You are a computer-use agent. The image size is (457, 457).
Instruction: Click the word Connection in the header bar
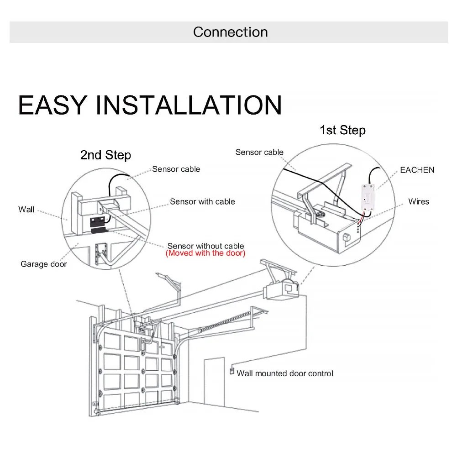coord(230,32)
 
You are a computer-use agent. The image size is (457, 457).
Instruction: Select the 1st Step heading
coord(342,130)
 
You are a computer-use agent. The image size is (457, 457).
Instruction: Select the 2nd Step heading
coord(105,155)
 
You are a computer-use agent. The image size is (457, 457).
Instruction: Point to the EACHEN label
coord(417,170)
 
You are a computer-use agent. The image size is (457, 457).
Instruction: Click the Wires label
coord(418,201)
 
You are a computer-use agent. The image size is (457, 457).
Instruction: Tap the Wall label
coord(26,210)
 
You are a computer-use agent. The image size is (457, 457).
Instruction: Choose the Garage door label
coord(43,264)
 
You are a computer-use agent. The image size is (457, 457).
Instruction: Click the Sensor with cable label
coord(202,201)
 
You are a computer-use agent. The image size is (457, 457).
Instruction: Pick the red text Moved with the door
coord(205,253)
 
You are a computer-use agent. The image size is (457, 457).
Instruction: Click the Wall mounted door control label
coord(285,373)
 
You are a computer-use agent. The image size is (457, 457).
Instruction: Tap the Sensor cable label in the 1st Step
coord(259,152)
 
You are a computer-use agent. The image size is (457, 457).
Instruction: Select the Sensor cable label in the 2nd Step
coord(176,169)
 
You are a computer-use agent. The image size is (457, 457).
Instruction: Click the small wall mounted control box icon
coord(231,372)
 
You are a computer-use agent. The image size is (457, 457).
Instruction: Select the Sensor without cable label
coord(205,246)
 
